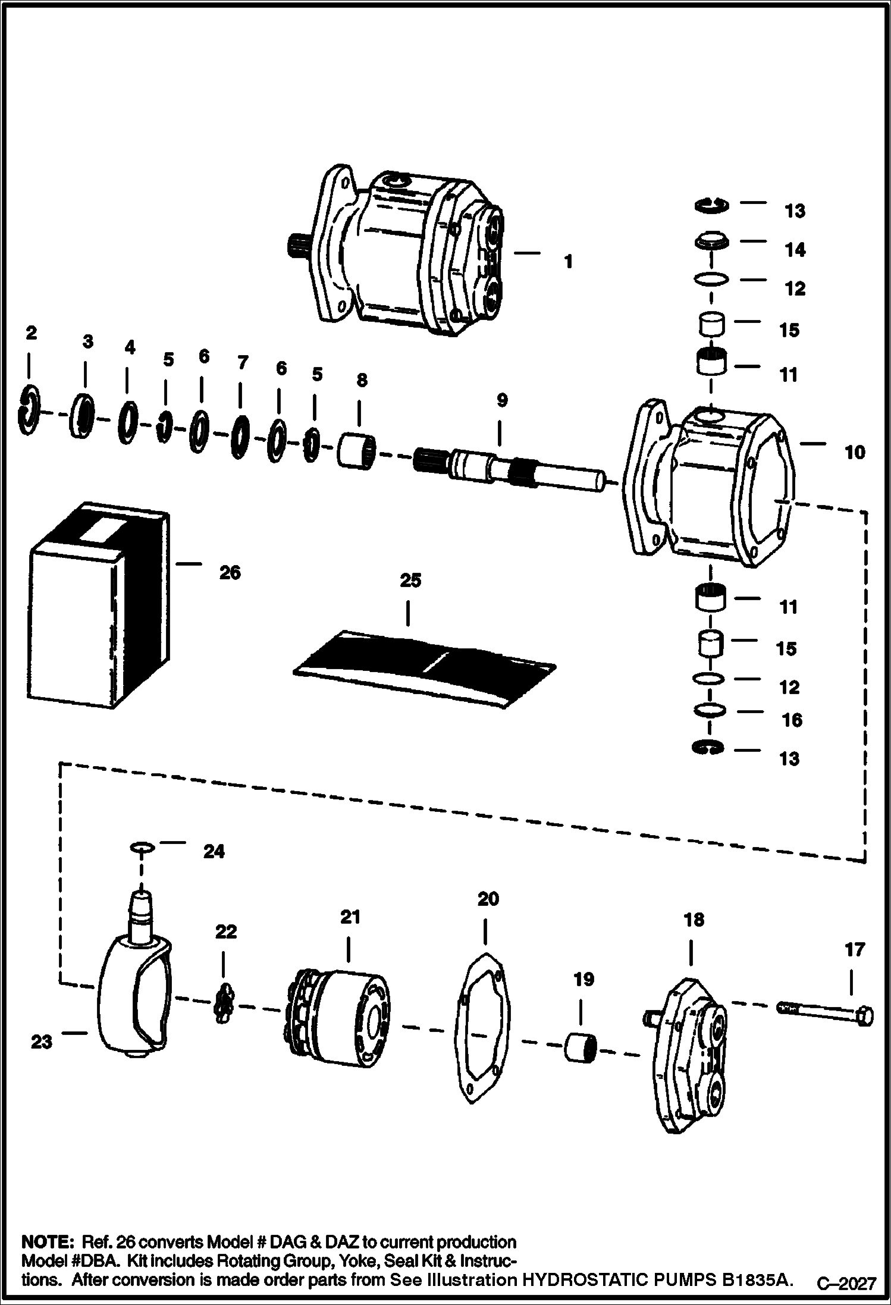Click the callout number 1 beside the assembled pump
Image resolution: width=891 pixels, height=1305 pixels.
click(568, 261)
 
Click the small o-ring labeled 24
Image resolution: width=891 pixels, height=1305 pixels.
click(142, 846)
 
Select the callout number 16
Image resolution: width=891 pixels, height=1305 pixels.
click(792, 720)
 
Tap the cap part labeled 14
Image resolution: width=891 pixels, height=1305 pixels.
click(711, 243)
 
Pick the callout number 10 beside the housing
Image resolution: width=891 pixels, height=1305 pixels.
click(854, 453)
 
